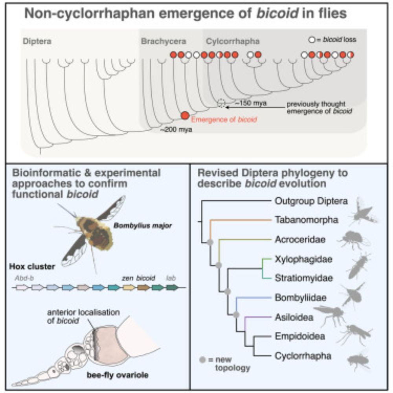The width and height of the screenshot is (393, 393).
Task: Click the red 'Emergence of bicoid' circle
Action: (185, 115)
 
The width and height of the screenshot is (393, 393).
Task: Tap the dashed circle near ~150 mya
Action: (222, 103)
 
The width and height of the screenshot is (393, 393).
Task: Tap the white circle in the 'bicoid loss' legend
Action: (312, 40)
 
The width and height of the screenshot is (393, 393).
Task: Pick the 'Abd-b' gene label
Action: (21, 277)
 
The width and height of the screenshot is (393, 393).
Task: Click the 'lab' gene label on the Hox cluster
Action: (171, 277)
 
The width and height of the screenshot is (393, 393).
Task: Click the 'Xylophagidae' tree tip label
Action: (303, 259)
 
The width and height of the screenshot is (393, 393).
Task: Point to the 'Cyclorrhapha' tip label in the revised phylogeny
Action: (303, 356)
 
